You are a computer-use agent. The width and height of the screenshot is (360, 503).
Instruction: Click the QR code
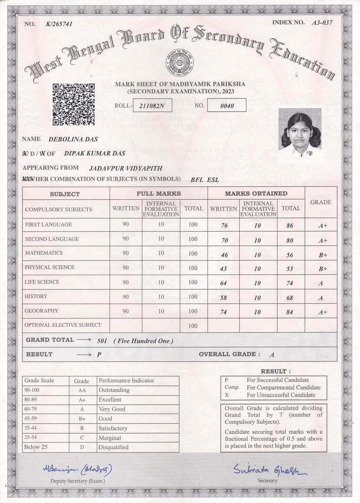coord(73,105)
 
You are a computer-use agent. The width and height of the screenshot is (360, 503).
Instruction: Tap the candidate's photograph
coord(300,134)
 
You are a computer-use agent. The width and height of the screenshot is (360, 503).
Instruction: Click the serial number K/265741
coord(59,24)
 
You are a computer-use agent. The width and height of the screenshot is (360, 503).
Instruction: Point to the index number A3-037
coord(322,23)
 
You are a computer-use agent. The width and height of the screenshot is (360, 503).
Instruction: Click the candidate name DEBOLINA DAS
coord(73,139)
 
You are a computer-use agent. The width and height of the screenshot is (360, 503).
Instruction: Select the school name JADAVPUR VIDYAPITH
coord(126,168)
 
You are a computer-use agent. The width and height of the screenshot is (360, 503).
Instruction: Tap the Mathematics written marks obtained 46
coord(224,255)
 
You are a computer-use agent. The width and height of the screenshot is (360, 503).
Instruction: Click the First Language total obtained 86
coord(290,226)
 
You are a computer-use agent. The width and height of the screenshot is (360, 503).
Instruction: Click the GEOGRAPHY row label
coord(42,311)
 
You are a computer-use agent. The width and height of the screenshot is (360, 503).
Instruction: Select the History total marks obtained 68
coord(290,298)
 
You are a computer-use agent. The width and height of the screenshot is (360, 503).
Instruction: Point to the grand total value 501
coord(102,341)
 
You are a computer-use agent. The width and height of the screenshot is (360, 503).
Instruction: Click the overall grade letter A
coord(272,355)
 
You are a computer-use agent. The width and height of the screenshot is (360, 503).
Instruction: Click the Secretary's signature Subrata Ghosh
coord(269,470)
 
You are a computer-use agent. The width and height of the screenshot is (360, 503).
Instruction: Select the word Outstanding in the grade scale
coord(114,390)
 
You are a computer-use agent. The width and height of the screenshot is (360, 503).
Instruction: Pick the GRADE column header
coord(321,202)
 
